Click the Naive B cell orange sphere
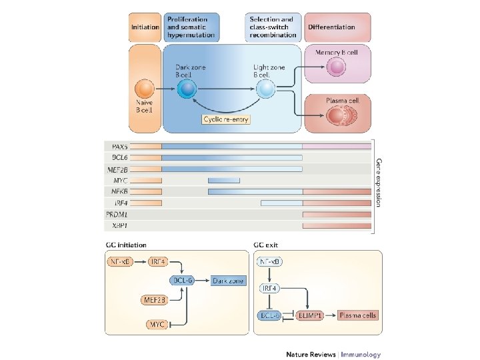click(145, 89)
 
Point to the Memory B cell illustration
click(337, 66)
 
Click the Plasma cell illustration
click(338, 116)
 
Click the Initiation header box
click(145, 27)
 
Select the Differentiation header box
click(338, 27)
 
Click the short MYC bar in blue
click(224, 180)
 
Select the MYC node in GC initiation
click(157, 325)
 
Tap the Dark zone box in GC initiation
click(230, 281)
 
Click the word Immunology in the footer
click(361, 355)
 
